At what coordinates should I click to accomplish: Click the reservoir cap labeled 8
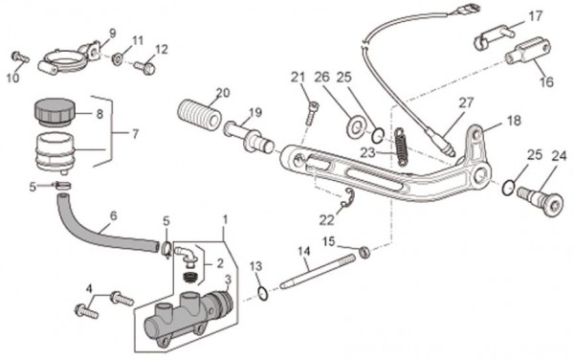pos(55,111)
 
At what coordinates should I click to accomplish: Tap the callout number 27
pos(466,102)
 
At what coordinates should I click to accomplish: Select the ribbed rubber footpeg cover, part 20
pos(200,115)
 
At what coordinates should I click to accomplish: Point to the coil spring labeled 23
pos(401,146)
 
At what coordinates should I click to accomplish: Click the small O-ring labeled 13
pos(263,294)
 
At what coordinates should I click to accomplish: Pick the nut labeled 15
pos(364,252)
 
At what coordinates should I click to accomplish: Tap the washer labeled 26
pos(354,127)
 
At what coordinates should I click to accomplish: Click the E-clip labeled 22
pos(348,198)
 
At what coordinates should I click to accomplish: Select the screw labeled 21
pos(311,113)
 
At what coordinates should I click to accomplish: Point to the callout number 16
pos(546,81)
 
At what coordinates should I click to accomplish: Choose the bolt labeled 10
pos(20,57)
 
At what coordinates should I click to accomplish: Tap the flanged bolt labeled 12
pos(145,68)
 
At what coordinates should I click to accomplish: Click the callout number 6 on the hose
pos(114,215)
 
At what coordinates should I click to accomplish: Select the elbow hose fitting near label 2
pos(187,255)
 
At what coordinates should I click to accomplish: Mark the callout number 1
pos(226,220)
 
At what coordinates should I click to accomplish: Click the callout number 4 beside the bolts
pos(89,289)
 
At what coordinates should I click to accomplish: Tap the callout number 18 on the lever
pos(514,121)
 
